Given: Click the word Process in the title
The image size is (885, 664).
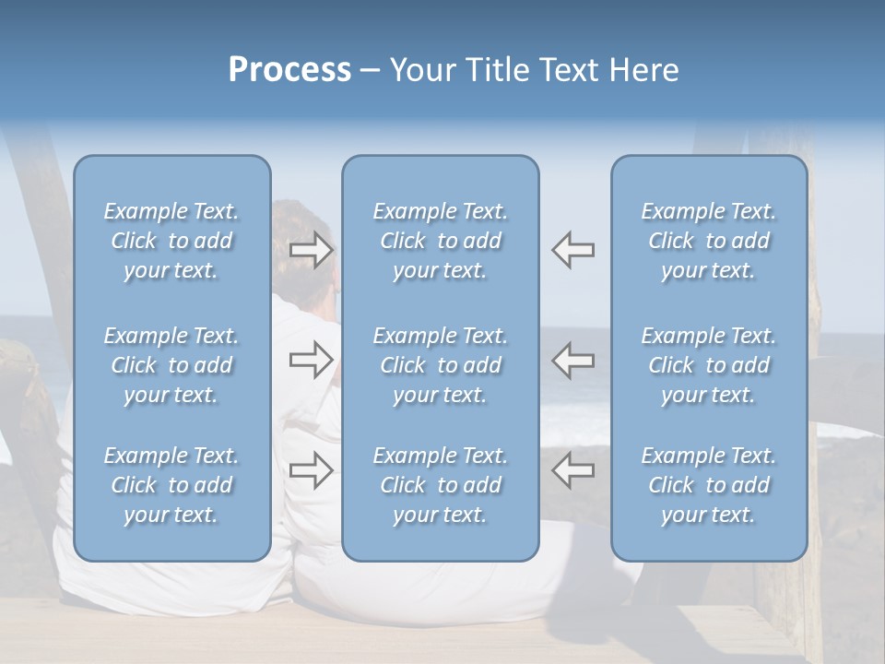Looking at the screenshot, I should [289, 70].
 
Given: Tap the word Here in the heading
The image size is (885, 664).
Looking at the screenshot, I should [642, 70].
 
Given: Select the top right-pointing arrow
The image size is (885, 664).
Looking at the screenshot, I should [311, 250].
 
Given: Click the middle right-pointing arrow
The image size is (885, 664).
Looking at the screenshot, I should [311, 360].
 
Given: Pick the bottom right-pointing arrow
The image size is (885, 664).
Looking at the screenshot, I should [311, 470].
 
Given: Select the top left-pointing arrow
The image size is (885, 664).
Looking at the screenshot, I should [573, 250].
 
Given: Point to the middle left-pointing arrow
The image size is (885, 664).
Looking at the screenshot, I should [573, 360].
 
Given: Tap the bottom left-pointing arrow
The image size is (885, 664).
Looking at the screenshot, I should [573, 470].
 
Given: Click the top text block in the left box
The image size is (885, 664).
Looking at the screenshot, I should [171, 241].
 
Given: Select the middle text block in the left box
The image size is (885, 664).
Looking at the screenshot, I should [171, 365].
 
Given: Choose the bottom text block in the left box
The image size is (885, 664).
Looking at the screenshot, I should [171, 485].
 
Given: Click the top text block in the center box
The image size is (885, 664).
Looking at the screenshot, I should [440, 241].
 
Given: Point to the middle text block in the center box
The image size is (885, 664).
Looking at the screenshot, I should [440, 365].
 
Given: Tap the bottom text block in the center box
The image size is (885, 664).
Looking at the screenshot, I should [440, 485].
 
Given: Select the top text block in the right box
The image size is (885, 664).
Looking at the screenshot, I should [708, 241].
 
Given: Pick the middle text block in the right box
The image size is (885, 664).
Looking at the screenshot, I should [708, 365].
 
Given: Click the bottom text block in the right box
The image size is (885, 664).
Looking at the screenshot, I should [708, 485].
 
